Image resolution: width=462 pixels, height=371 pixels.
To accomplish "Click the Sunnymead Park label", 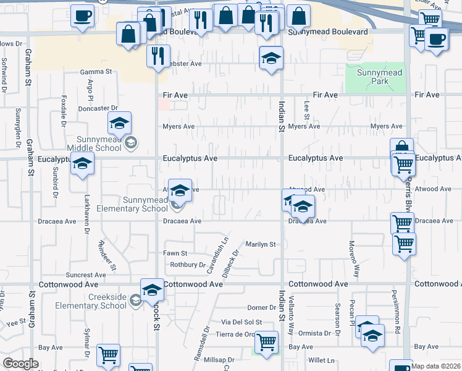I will point(379,77).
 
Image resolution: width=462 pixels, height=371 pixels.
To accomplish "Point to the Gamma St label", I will point(96,72).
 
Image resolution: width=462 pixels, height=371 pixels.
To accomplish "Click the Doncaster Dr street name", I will point(98,108).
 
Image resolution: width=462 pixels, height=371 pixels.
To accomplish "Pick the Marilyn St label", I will point(260,245).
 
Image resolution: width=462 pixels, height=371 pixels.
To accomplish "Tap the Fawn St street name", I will point(175,254).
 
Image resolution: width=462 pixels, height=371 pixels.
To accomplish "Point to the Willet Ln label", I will point(322,360).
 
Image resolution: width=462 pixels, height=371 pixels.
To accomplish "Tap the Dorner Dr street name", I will point(260,307).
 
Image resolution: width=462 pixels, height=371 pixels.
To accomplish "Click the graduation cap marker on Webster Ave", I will point(271,58).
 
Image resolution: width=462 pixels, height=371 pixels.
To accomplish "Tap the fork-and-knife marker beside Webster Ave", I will point(158,56).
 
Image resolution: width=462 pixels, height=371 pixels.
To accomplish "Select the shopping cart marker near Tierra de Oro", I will point(267,341).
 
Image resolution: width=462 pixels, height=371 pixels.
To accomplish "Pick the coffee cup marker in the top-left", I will point(82,15).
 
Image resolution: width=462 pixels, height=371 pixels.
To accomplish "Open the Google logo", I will point(20,364).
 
